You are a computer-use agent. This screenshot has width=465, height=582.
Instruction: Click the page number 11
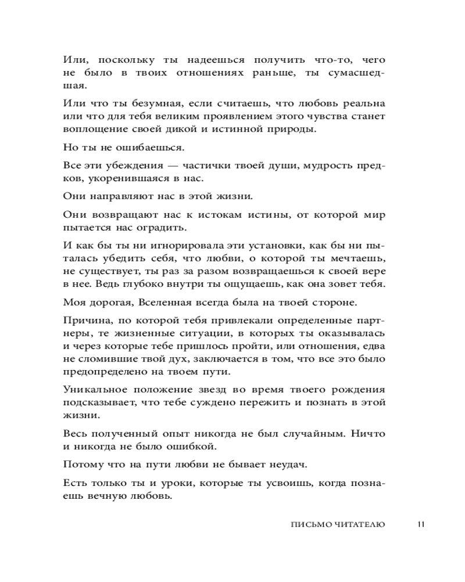tap(421, 524)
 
